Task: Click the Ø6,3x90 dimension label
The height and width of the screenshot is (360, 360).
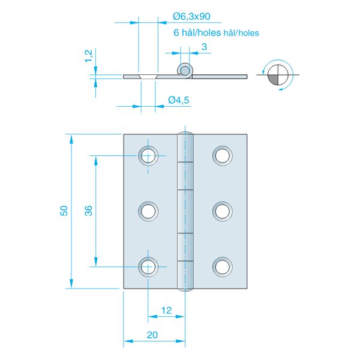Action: pyautogui.click(x=191, y=17)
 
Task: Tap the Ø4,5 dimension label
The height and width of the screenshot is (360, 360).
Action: pyautogui.click(x=179, y=100)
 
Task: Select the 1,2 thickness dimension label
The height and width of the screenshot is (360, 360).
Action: pyautogui.click(x=89, y=56)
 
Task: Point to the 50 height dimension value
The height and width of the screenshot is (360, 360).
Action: pyautogui.click(x=64, y=211)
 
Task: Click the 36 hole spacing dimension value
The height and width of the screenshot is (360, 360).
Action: pyautogui.click(x=89, y=211)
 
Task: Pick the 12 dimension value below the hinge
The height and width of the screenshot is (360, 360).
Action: pyautogui.click(x=166, y=311)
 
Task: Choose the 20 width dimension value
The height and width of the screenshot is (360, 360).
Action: pyautogui.click(x=152, y=335)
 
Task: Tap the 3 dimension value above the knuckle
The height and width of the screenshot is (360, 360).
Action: pyautogui.click(x=204, y=47)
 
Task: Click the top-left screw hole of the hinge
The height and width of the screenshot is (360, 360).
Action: pyautogui.click(x=148, y=155)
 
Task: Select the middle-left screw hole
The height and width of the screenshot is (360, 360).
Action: pyautogui.click(x=148, y=211)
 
